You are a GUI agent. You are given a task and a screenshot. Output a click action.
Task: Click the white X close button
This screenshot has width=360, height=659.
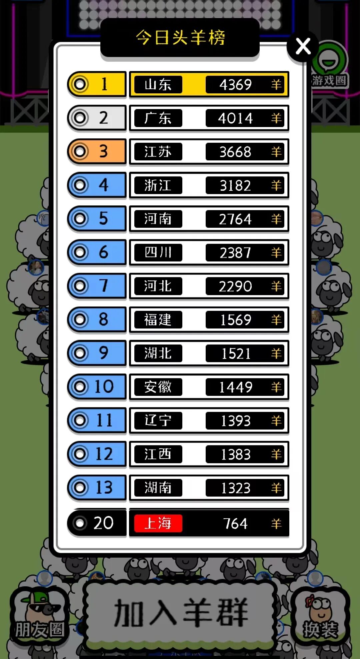303,46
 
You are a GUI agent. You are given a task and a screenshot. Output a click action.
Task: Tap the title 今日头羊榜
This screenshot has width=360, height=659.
180,37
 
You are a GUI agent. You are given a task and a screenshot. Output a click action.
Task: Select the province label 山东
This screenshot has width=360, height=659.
158,85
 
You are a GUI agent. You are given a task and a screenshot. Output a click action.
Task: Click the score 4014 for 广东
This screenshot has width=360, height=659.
235,118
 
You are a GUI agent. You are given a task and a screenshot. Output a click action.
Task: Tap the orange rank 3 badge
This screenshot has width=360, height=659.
97,151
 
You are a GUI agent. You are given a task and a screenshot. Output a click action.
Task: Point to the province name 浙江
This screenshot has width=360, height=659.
158,185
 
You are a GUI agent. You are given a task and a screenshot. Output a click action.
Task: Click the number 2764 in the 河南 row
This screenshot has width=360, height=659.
235,219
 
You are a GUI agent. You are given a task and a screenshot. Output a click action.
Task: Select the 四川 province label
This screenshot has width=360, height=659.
158,252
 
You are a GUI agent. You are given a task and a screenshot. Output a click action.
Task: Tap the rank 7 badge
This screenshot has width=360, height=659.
97,286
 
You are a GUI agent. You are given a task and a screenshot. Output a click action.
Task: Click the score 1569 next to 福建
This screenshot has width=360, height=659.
235,320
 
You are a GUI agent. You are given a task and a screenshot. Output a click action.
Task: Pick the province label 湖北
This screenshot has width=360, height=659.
158,353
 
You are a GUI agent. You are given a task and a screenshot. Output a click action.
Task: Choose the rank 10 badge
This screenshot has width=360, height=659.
97,387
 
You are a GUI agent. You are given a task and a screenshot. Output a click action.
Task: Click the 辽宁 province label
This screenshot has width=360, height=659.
158,421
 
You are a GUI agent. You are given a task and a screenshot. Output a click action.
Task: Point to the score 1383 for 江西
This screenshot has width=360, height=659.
235,454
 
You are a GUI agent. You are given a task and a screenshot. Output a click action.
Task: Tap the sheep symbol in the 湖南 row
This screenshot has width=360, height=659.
276,488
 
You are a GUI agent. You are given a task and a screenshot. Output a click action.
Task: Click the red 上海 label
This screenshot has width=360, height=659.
158,523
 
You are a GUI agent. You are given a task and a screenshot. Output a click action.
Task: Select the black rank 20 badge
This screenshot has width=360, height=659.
97,523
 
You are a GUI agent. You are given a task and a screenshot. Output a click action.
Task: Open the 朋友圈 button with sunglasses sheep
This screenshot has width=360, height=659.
39,617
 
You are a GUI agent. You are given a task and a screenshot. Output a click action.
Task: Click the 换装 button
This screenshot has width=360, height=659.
320,617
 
